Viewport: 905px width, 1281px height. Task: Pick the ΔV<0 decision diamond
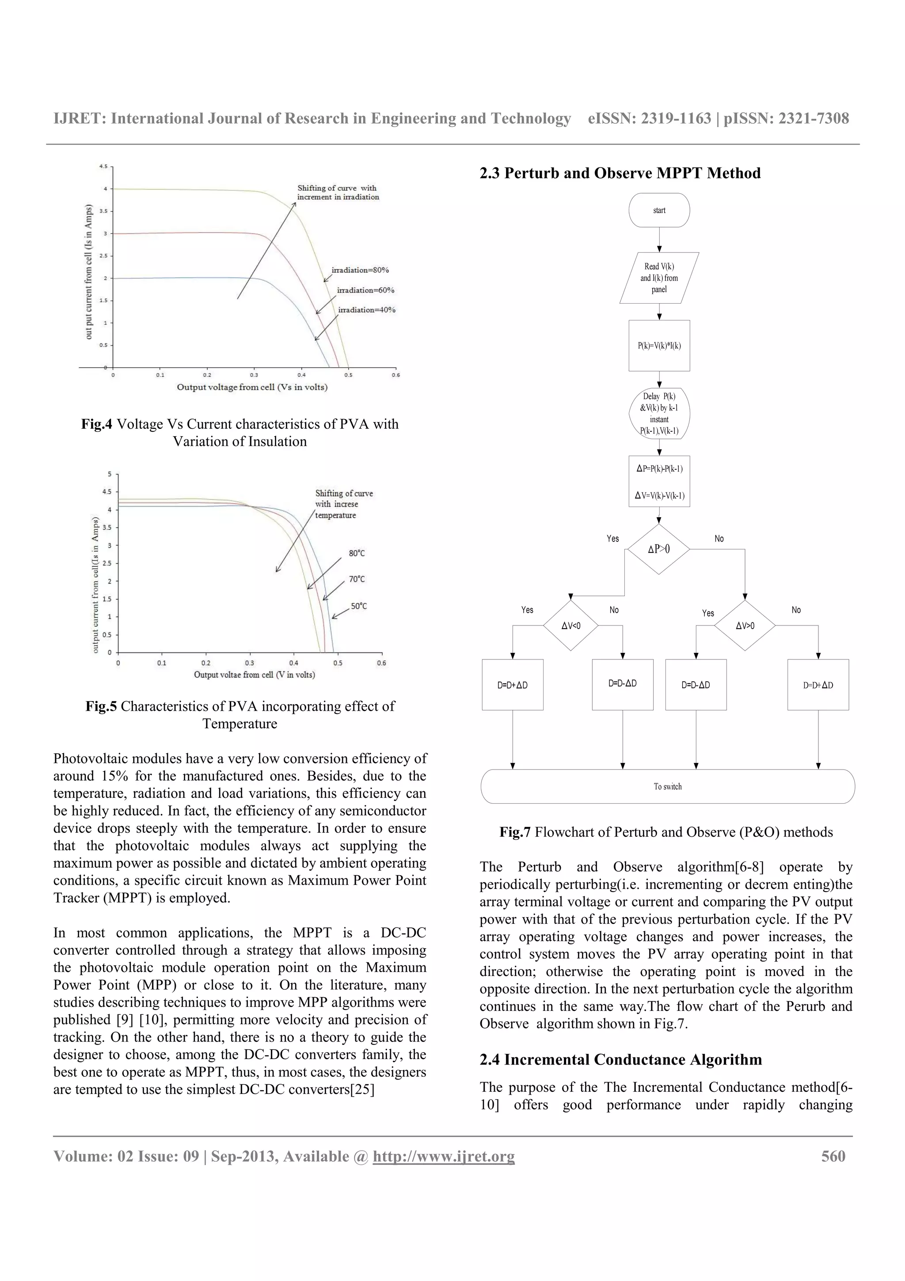570,625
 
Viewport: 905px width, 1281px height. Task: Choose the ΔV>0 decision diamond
745,625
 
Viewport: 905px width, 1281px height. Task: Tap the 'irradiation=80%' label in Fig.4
360,270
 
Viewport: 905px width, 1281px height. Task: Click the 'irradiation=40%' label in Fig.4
366,310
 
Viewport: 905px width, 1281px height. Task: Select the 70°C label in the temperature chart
357,579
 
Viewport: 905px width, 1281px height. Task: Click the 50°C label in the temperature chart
358,606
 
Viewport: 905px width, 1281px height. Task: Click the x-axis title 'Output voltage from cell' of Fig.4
252,387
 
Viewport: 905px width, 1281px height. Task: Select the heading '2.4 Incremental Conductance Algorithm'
620,1060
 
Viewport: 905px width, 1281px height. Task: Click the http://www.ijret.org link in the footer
443,1156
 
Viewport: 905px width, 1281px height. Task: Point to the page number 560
833,1156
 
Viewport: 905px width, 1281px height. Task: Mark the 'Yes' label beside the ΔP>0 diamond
612,538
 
